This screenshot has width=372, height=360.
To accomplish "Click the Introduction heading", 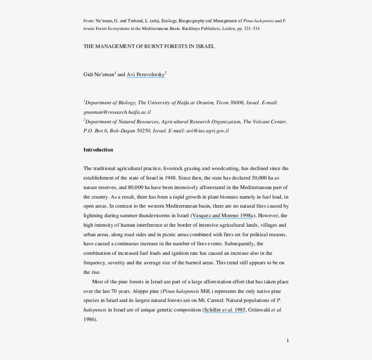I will (x=98, y=150).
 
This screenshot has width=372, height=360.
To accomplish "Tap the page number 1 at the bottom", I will (x=288, y=341).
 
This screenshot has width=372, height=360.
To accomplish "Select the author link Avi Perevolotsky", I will (x=145, y=74).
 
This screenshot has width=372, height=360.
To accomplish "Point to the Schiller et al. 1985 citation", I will (x=225, y=310).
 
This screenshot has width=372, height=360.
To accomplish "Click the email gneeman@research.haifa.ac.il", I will (x=117, y=112).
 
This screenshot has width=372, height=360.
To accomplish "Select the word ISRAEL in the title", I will (x=205, y=46).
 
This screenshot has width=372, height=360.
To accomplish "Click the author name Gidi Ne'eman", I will (x=98, y=74).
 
